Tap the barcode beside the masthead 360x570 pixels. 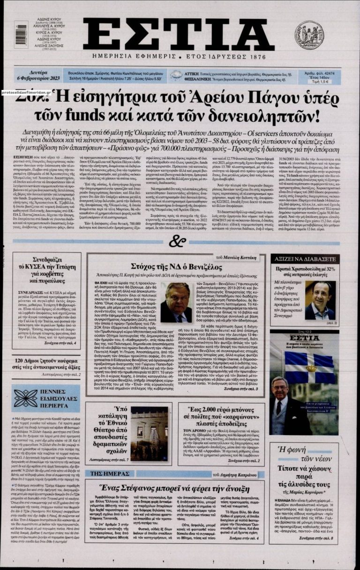tap(21, 35)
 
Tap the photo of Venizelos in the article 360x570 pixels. tap(176, 302)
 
